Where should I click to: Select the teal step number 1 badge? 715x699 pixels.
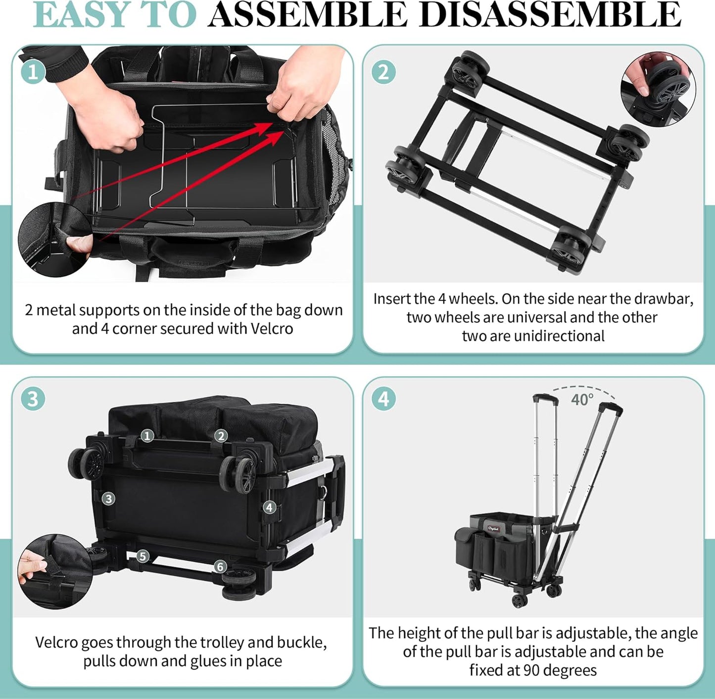[x=33, y=72]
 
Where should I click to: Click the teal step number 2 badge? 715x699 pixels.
[x=383, y=72]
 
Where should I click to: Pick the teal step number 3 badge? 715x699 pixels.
[x=33, y=399]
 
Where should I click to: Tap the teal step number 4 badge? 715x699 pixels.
[x=383, y=399]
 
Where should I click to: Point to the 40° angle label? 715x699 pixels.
[x=582, y=399]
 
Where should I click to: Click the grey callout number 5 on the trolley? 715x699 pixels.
[x=143, y=556]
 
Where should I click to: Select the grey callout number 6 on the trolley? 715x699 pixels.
[x=220, y=567]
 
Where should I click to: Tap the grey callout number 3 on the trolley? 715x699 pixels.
[x=108, y=499]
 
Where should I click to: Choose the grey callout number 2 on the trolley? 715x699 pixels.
[x=221, y=436]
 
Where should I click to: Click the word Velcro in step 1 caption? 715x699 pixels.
[x=272, y=329]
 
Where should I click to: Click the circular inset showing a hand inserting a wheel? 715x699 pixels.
[x=658, y=89]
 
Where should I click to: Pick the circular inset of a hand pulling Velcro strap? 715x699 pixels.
[x=55, y=571]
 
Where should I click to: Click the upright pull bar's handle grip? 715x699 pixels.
[x=545, y=398]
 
